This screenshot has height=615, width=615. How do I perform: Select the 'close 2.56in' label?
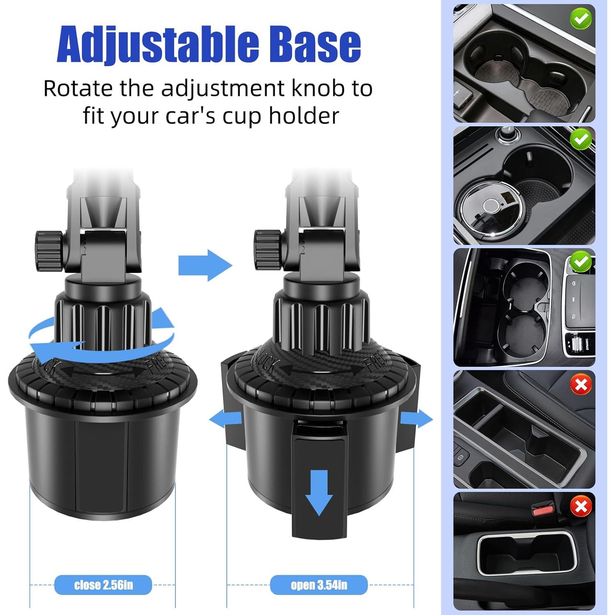103,585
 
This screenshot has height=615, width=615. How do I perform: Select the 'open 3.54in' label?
319,585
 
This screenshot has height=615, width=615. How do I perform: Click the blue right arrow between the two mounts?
205,265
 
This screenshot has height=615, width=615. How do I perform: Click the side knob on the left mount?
49,251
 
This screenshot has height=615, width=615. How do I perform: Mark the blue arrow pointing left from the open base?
225,419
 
